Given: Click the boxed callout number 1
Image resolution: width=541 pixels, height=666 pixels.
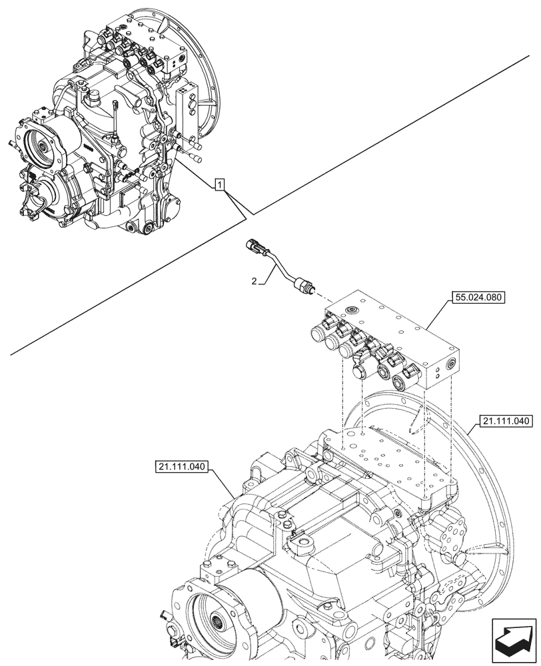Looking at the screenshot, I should point(219,184).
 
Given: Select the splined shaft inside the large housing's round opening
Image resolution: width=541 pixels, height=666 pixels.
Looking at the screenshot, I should point(219,624).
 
